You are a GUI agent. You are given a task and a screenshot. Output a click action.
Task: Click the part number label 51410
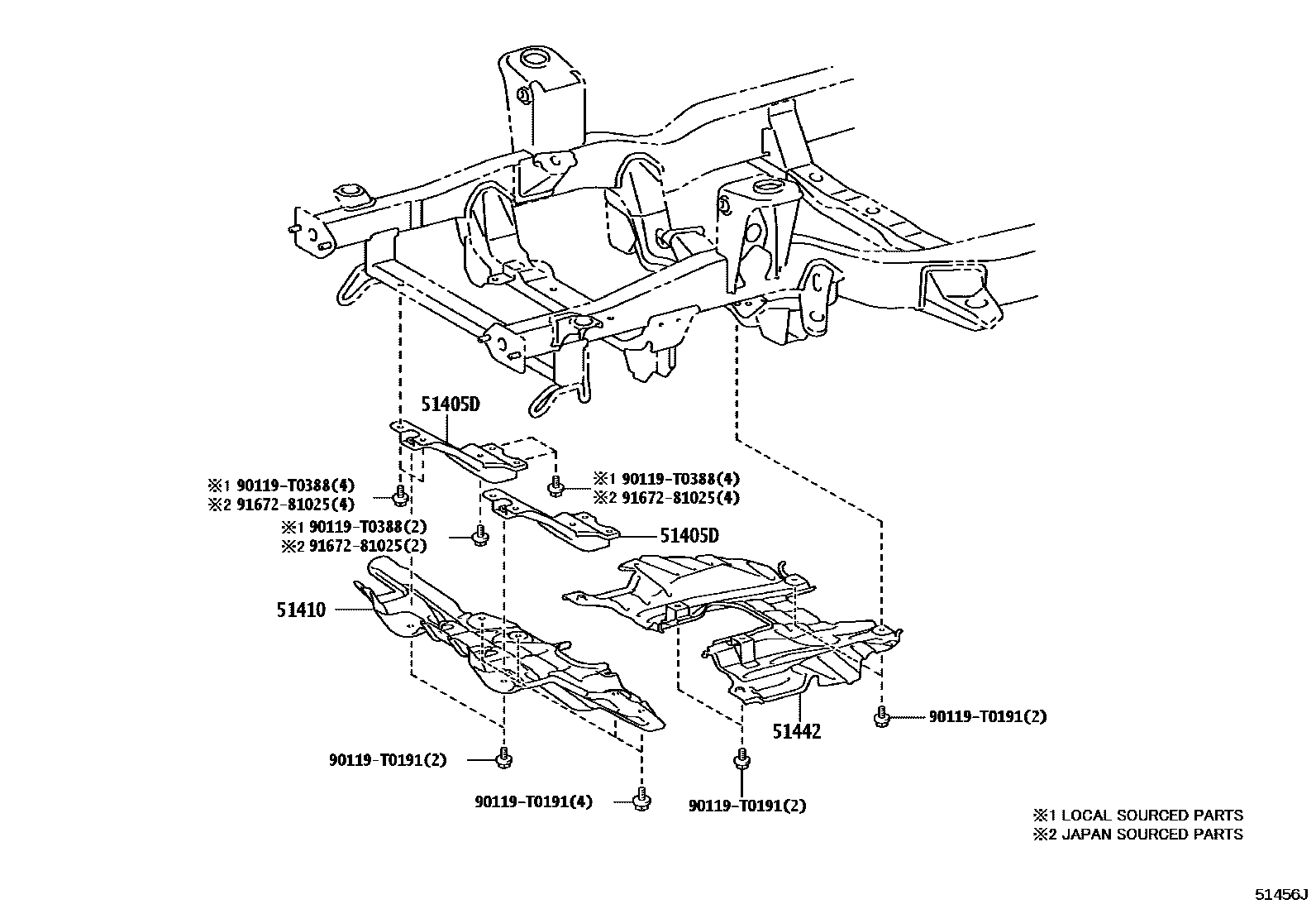[x=302, y=610]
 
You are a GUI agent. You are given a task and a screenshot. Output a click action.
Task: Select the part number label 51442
[x=798, y=731]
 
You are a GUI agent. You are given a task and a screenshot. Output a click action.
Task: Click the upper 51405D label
[x=451, y=405]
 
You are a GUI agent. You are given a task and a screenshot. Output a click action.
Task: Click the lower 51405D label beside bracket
[x=689, y=535]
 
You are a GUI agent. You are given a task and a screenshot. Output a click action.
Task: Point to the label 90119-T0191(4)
[x=534, y=801]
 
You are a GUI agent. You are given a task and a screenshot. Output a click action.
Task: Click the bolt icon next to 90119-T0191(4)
[x=639, y=798]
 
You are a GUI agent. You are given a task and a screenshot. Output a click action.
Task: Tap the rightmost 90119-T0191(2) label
[x=987, y=716]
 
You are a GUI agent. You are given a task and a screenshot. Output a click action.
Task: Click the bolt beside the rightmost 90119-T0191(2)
[x=882, y=716]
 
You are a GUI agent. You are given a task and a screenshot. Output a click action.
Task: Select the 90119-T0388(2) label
[x=354, y=527]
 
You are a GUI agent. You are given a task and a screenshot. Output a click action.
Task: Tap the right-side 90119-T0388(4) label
[x=666, y=478]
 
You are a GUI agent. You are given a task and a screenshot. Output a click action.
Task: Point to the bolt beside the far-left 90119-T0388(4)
[x=400, y=495]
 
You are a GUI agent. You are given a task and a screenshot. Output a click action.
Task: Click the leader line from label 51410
[x=351, y=610]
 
